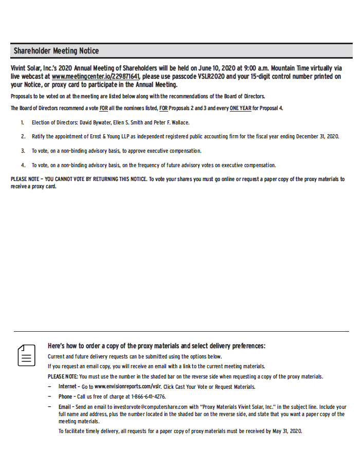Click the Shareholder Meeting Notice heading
coord(56,51)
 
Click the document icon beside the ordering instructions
coord(27,355)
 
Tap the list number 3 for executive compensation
coord(23,151)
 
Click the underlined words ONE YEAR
coord(240,109)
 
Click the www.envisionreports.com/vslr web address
coord(128,387)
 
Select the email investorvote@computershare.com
coord(147,407)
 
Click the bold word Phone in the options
coord(65,397)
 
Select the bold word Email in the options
coord(65,407)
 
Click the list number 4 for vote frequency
coord(23,166)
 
